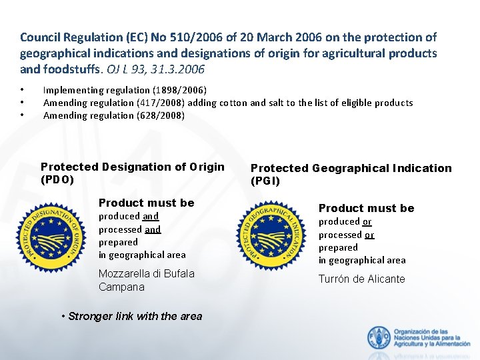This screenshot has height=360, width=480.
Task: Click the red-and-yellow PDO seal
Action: coord(52,237)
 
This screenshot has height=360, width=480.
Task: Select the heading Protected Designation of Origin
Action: coord(132,167)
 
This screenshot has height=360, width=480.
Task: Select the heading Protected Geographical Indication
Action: coord(351,169)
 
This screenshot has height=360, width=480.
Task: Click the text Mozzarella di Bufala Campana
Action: coord(146,280)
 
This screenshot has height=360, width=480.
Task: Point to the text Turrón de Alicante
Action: coord(361,279)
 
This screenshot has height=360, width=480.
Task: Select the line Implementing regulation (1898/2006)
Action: coord(125,90)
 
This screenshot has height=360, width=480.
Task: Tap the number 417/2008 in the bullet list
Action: coord(155,103)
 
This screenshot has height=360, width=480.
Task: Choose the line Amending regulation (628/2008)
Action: coord(114,115)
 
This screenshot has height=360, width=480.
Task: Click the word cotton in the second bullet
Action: coord(261,103)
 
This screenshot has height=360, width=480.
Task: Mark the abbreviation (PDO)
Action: coord(57,179)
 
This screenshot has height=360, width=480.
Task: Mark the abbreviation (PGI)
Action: coord(265,181)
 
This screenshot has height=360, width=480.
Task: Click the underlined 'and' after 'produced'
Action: coord(151,216)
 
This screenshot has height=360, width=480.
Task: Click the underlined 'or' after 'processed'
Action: coord(369,235)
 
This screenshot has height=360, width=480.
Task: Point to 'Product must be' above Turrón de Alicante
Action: coord(366,208)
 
